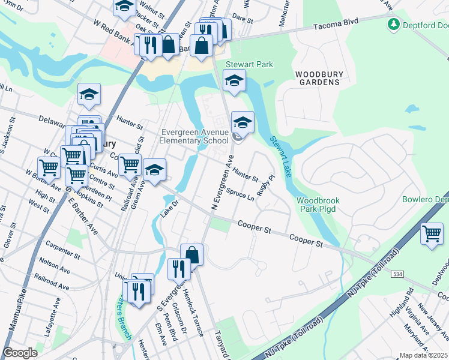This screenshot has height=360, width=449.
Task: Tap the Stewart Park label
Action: (x=249, y=64)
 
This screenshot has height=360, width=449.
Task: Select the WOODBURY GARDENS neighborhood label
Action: (x=319, y=78)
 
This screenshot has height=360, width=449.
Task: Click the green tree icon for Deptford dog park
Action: (x=394, y=25)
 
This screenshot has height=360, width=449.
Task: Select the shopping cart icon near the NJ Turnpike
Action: (x=432, y=233)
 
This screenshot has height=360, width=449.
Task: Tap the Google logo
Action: (x=20, y=353)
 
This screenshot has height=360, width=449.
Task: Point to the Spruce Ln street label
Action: (x=240, y=196)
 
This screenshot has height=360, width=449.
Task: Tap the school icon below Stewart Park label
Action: (x=234, y=80)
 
